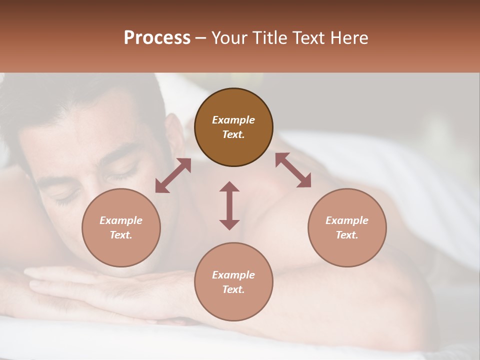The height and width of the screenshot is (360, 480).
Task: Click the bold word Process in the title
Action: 157,38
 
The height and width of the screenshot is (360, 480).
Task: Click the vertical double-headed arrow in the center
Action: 229,205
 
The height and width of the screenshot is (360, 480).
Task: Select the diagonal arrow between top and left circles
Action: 173,175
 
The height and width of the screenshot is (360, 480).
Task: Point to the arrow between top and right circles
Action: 293,170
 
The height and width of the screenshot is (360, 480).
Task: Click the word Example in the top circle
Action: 233,120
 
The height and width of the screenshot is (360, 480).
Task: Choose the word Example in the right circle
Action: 347,220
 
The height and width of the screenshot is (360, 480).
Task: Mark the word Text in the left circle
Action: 120,235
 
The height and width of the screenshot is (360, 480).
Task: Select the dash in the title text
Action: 200,38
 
